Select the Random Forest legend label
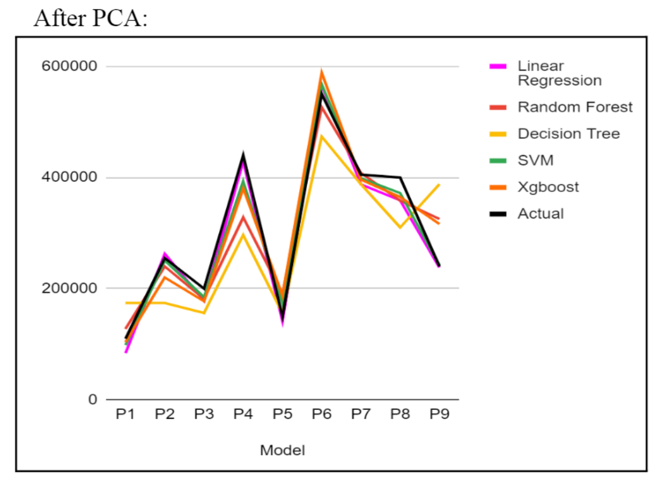coord(575,107)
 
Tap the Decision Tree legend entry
coord(568,134)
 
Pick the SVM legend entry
coord(535,160)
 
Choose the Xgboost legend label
coord(548,187)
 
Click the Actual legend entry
coord(541,214)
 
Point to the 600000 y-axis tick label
coord(69,66)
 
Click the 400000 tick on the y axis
coord(69,178)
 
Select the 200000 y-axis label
coord(69,289)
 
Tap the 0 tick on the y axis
coord(93,400)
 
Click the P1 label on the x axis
coord(125,414)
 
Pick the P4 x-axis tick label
coord(243,414)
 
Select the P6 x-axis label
coord(321,414)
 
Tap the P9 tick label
coord(439,414)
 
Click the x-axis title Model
coord(283,450)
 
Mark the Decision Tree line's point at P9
coord(439,185)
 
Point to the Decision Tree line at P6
coord(321,136)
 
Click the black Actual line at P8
coord(400,177)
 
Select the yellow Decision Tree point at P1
coord(125,303)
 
